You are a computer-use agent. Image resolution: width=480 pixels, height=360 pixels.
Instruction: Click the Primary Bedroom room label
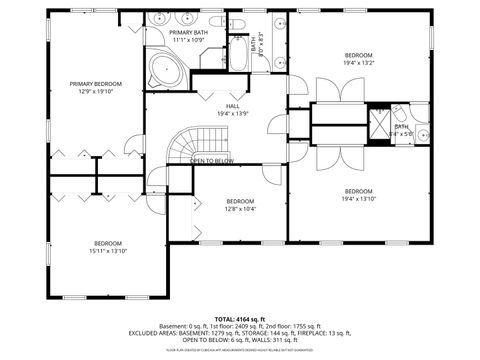click(x=96, y=83)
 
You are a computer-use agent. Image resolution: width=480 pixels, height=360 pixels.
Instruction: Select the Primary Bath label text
click(x=188, y=33)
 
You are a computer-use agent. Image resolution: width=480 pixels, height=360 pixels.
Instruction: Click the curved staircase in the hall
click(x=181, y=144)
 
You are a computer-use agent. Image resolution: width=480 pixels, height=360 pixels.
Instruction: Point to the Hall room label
click(x=232, y=106)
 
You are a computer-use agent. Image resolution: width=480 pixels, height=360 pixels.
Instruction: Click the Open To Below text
click(x=211, y=161)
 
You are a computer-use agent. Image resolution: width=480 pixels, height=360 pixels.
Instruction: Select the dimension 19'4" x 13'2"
click(x=359, y=62)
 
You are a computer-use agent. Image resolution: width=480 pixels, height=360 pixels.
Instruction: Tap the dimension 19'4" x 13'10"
click(x=359, y=198)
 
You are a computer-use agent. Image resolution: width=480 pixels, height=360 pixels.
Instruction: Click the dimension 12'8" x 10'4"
click(x=240, y=209)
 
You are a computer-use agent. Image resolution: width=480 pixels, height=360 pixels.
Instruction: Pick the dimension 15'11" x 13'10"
click(x=108, y=251)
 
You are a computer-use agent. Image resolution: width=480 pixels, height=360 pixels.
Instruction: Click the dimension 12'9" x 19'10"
click(x=96, y=91)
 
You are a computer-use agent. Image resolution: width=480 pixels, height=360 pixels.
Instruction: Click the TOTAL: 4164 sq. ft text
click(x=239, y=318)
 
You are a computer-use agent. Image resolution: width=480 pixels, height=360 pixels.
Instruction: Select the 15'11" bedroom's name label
click(x=108, y=244)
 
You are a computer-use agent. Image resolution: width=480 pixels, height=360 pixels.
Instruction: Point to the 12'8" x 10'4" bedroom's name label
click(x=240, y=201)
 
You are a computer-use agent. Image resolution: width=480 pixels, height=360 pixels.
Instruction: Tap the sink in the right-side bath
click(x=422, y=133)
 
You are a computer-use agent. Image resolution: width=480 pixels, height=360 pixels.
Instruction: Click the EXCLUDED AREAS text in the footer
click(x=160, y=332)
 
